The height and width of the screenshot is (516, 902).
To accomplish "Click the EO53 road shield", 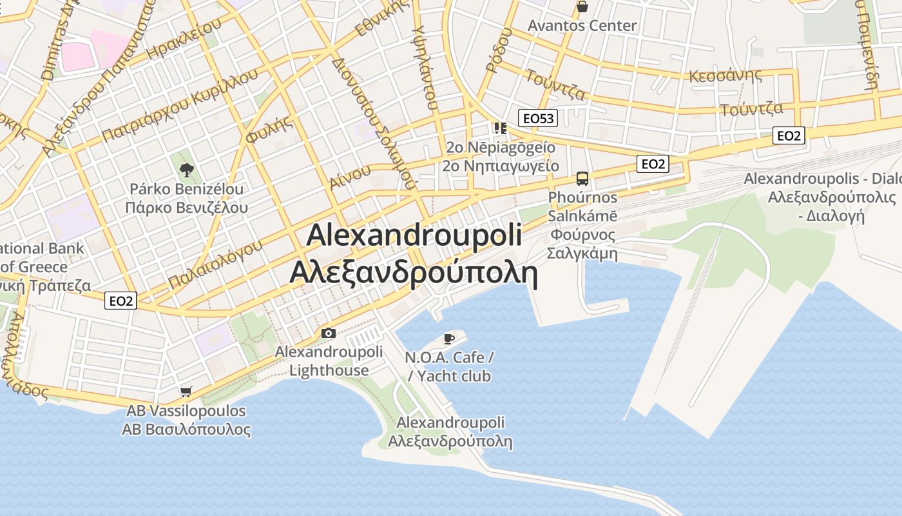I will pos(538,118).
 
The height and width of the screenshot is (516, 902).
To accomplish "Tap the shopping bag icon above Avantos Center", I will pos(582,7).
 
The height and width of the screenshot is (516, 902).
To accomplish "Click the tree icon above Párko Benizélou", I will pos(187,170).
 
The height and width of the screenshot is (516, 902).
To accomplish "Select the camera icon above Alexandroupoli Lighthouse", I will pos(329,333).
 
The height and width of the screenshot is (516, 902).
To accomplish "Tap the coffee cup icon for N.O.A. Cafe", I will pos(449,339).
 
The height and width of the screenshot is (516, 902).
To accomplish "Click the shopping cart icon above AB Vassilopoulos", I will pos(186,392).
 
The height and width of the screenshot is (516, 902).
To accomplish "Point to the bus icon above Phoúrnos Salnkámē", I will pos(582,179).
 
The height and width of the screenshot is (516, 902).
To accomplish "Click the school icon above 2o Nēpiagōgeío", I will pos(500,128).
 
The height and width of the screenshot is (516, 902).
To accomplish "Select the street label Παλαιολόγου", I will pos(215,264).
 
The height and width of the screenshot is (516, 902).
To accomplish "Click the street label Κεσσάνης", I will pos(725,75).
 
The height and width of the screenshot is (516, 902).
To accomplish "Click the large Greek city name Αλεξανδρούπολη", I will pos(413,273).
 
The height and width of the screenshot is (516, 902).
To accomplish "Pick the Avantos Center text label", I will pos(582,26).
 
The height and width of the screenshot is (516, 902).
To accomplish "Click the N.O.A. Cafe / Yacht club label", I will pos(449,366).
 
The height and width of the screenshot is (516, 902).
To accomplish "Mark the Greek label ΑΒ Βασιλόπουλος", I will pos(186,430).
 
